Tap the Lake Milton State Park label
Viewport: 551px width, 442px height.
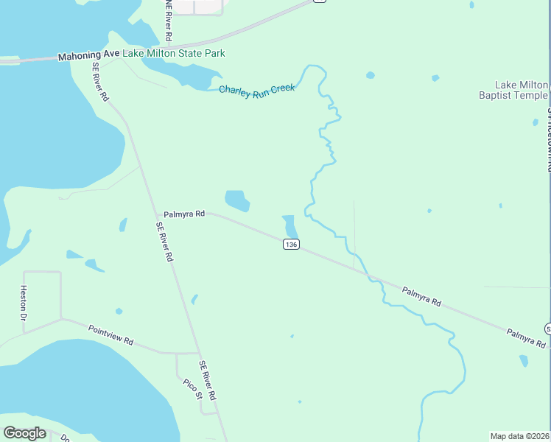(174, 53)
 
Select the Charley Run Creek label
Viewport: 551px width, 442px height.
(257, 89)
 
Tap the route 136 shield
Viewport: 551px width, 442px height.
(291, 244)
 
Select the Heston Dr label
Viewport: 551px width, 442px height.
(24, 302)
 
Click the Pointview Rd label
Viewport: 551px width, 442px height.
(110, 336)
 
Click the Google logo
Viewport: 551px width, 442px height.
(24, 433)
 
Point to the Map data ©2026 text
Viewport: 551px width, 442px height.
(520, 436)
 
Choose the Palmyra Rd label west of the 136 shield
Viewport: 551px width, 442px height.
(183, 214)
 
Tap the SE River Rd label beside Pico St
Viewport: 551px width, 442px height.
(207, 380)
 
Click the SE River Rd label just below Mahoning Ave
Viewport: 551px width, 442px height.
(101, 81)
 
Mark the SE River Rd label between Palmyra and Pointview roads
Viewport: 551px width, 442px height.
(164, 242)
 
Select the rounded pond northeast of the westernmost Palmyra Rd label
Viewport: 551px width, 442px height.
(237, 200)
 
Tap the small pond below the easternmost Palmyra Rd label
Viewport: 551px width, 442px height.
(524, 360)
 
